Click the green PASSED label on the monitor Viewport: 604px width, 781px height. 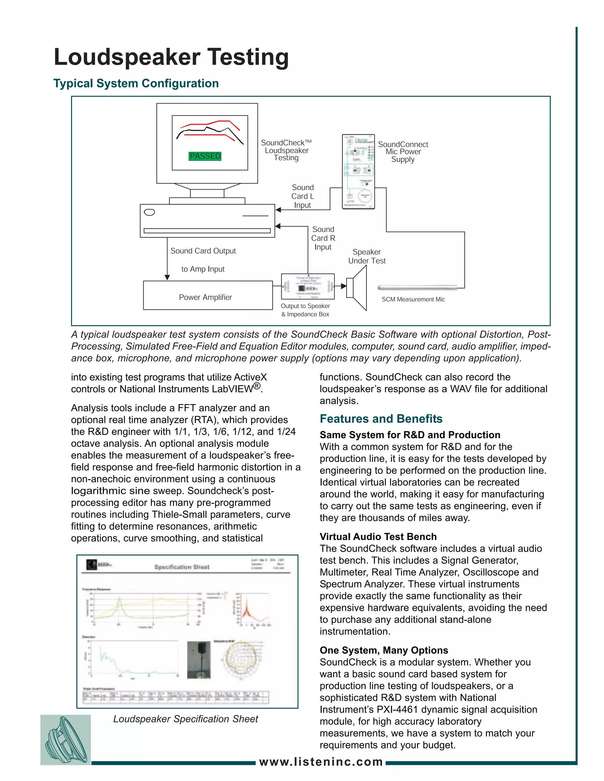tap(205, 156)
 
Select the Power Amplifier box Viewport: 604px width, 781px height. tap(208, 295)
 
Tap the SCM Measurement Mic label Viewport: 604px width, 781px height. tap(413, 299)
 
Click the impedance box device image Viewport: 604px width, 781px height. tap(308, 286)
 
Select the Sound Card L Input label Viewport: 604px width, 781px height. tap(302, 196)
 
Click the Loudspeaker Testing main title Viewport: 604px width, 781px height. tap(171, 57)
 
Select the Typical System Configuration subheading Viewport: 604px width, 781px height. tap(136, 83)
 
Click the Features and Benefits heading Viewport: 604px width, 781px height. tap(381, 418)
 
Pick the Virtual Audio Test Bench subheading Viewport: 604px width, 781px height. tap(378, 536)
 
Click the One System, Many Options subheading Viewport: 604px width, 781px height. tap(384, 650)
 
